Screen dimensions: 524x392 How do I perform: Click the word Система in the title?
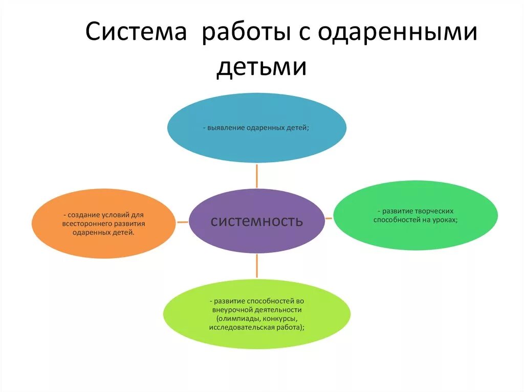coord(136,33)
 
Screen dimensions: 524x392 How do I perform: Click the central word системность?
coord(257,221)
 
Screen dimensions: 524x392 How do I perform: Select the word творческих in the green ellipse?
coord(436,211)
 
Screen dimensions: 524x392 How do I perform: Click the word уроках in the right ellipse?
coord(444,220)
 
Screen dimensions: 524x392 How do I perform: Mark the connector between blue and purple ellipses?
coord(257,176)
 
